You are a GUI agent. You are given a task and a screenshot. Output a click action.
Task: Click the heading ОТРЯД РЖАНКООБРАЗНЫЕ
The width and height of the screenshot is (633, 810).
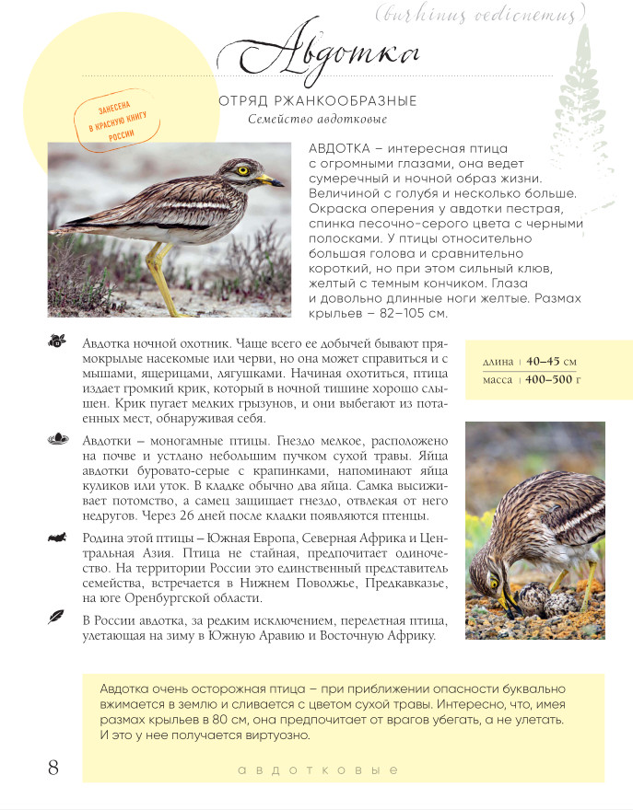tap(318, 100)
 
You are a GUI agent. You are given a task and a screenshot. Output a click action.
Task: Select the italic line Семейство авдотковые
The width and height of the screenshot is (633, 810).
tap(318, 119)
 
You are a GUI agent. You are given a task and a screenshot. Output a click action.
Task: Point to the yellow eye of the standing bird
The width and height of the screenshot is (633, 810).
tap(243, 169)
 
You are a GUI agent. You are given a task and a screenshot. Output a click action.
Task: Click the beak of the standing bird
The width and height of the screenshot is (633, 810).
tap(268, 179)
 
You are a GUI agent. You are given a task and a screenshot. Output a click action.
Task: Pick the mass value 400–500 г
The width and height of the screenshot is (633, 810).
tap(553, 380)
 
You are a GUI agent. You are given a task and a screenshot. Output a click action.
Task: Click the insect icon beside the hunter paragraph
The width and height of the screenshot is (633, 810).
tap(56, 341)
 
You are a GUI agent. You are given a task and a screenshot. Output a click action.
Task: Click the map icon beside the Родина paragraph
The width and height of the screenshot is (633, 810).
tap(56, 536)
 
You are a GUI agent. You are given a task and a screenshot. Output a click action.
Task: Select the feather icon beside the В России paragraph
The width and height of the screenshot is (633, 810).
tap(56, 619)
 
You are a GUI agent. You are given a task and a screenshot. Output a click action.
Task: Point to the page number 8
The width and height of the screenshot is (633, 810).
tap(53, 767)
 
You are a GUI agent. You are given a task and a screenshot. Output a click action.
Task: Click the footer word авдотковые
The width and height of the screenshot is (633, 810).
tap(317, 769)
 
